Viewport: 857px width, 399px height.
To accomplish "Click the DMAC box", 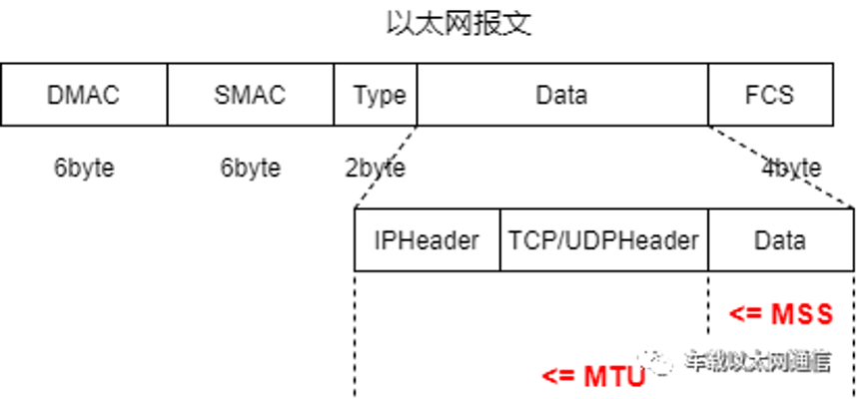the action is click(x=84, y=96).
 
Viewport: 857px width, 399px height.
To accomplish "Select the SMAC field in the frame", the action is click(x=250, y=96).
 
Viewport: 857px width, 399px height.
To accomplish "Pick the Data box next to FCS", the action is click(x=561, y=96).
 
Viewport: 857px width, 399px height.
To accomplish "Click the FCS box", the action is click(x=769, y=96).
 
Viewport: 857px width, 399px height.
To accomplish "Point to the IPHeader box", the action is click(x=427, y=240).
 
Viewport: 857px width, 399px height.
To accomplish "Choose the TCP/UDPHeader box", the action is click(x=603, y=240).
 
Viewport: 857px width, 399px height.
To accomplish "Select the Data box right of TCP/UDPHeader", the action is click(x=779, y=240).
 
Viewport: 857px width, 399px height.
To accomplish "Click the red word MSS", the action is click(x=802, y=315).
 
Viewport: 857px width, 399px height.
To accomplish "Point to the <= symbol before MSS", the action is click(x=745, y=315).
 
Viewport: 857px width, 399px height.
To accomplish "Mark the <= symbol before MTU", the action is click(x=556, y=376).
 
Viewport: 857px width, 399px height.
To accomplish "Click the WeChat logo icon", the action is click(x=657, y=360).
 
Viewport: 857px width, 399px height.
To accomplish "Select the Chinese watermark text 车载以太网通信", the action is click(x=757, y=360).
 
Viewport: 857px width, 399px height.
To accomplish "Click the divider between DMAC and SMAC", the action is click(x=168, y=96).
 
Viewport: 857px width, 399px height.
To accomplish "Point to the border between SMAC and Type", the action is click(x=335, y=96).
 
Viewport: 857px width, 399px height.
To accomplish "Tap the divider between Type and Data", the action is click(x=417, y=96).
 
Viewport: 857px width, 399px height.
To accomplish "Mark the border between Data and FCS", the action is click(x=708, y=96).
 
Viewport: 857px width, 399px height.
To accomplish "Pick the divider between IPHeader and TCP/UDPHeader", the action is click(x=499, y=240).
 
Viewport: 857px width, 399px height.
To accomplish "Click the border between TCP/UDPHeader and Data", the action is click(x=708, y=240).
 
